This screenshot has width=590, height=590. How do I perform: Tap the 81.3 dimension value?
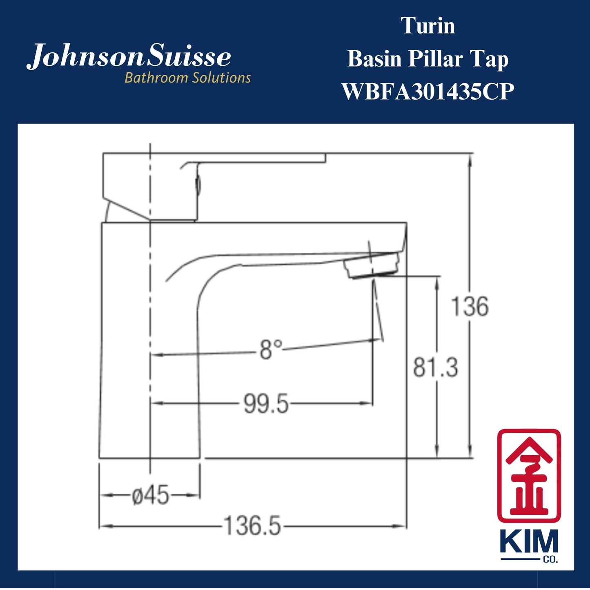pyautogui.click(x=435, y=367)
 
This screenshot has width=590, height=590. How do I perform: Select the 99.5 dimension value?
pyautogui.click(x=266, y=404)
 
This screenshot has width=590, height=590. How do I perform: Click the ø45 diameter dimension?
pyautogui.click(x=150, y=496)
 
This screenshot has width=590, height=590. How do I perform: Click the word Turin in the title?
pyautogui.click(x=428, y=26)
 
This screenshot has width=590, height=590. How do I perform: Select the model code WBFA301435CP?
pyautogui.click(x=428, y=91)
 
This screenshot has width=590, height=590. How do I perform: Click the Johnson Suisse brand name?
pyautogui.click(x=129, y=57)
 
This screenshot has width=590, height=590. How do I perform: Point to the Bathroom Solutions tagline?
pyautogui.click(x=187, y=78)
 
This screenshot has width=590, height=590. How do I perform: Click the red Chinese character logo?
pyautogui.click(x=529, y=475)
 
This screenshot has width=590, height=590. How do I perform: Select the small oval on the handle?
pyautogui.click(x=198, y=184)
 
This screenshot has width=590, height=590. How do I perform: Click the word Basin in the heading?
pyautogui.click(x=374, y=59)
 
